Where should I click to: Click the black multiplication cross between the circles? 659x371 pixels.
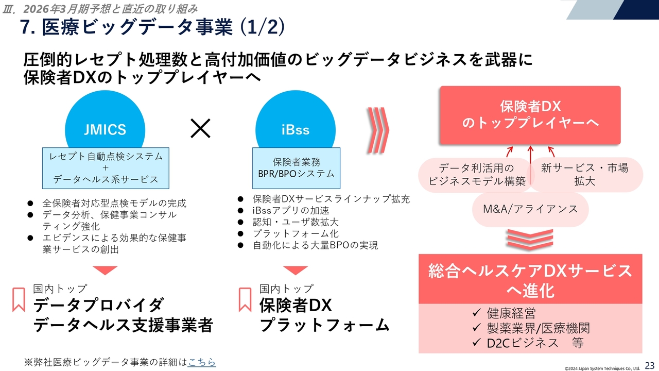coord(200,129)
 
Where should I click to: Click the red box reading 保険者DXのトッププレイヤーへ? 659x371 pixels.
coord(530,115)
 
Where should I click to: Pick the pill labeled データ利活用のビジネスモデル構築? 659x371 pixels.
coord(476,175)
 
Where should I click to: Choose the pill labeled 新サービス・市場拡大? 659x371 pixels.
coord(584,175)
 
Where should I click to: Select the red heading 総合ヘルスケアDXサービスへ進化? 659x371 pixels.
coord(530,280)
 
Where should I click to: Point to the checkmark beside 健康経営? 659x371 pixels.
coord(477,313)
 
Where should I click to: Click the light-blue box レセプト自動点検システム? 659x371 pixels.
coord(106,167)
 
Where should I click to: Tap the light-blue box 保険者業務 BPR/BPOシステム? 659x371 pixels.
coord(296,167)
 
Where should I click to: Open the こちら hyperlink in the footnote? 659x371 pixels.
coord(202,362)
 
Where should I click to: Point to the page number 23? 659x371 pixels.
coord(650,364)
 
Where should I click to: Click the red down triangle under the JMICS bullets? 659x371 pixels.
coord(106,271)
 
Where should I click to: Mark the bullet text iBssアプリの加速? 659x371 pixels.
coord(291,211)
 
